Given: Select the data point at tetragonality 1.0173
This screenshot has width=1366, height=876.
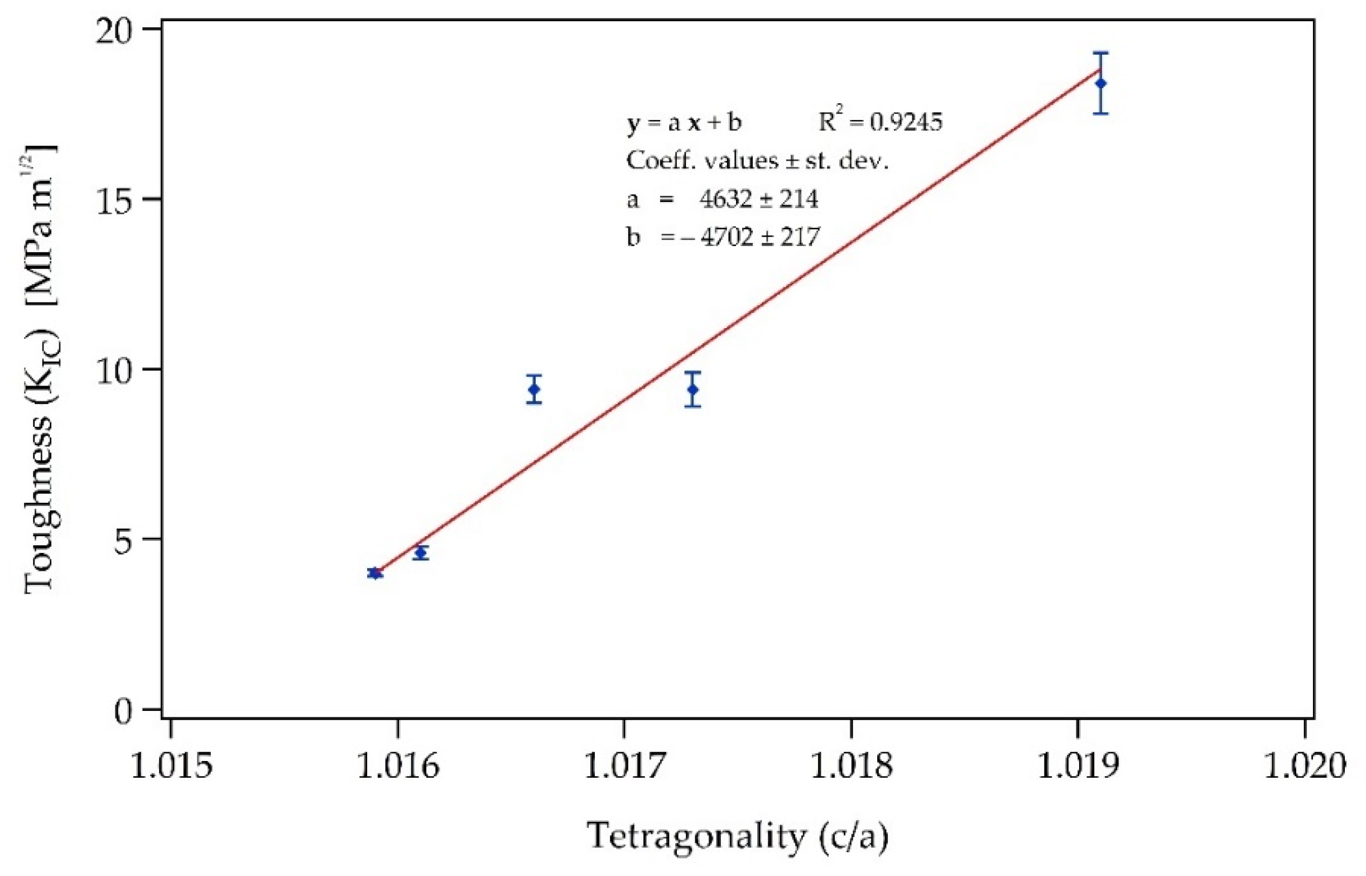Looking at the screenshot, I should pyautogui.click(x=692, y=389).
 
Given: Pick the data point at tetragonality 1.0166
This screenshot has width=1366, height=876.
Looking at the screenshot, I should pyautogui.click(x=533, y=389).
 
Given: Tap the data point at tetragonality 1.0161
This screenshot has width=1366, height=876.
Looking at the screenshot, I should pyautogui.click(x=420, y=552).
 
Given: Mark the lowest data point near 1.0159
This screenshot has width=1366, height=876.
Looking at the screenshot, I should pyautogui.click(x=374, y=573).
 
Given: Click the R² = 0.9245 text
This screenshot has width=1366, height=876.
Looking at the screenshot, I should pyautogui.click(x=880, y=121).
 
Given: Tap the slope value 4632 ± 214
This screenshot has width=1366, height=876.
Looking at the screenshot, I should pyautogui.click(x=758, y=199).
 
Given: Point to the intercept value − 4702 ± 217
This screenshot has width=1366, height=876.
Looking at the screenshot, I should pyautogui.click(x=751, y=237).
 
